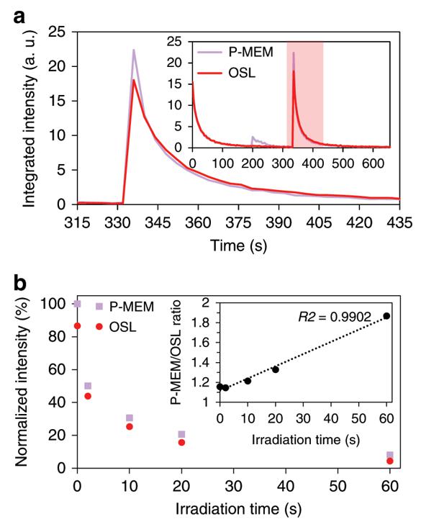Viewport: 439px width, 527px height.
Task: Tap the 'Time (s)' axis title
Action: point(238,246)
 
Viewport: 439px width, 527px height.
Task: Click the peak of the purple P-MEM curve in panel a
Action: point(134,50)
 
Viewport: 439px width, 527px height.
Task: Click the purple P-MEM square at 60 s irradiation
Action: point(390,455)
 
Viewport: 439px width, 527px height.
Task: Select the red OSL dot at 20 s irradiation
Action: point(181,442)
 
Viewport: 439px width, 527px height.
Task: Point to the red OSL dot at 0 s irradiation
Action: point(78,326)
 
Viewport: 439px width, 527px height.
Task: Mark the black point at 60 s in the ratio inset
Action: point(386,315)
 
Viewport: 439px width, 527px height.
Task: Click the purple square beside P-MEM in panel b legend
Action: point(99,307)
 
